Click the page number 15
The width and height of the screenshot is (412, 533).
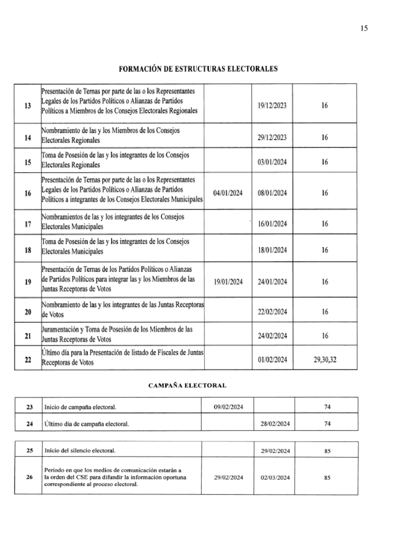click(x=364, y=28)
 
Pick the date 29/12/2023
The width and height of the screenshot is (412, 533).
click(x=272, y=137)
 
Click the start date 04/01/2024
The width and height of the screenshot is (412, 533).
click(x=227, y=193)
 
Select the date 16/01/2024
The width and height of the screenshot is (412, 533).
click(x=272, y=224)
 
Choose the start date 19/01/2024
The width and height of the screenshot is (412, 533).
click(x=228, y=281)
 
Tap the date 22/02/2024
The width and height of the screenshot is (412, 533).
click(x=272, y=312)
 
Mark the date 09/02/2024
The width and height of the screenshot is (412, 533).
click(x=228, y=407)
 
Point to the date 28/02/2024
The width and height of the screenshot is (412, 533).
click(x=275, y=424)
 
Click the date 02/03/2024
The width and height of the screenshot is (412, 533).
click(x=275, y=478)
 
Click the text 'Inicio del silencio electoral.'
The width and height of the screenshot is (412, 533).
click(x=79, y=451)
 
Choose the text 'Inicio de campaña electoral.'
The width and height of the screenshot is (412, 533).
click(x=80, y=407)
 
